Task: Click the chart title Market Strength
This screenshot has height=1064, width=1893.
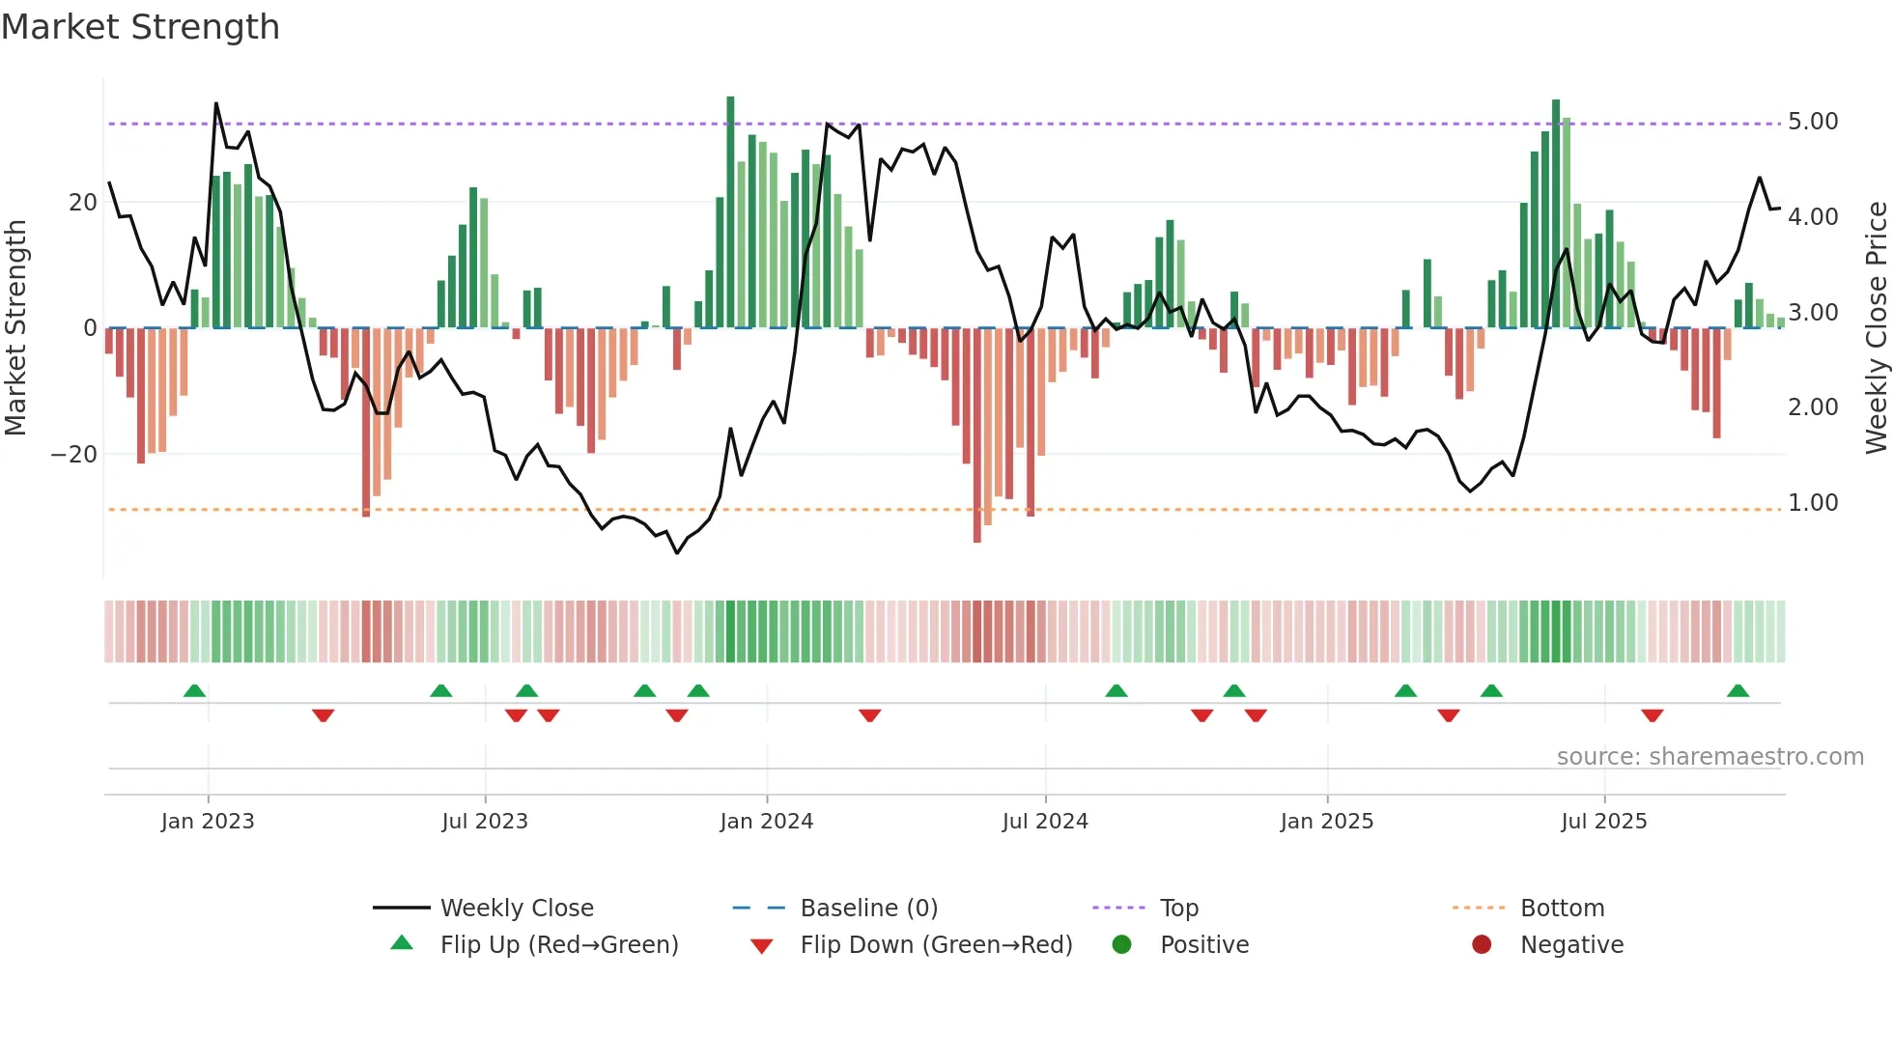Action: coord(140,27)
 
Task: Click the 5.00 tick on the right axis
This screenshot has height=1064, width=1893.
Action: coord(1812,122)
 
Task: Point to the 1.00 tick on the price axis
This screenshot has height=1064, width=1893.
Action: coord(1812,503)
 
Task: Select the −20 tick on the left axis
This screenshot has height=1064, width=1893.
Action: coord(74,455)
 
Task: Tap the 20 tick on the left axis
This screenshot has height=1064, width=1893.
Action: coord(83,203)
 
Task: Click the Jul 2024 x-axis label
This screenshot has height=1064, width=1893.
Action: coord(1045,822)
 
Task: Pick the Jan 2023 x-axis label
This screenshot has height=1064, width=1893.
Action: coord(208,822)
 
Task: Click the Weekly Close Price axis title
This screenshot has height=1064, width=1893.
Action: coord(1876,328)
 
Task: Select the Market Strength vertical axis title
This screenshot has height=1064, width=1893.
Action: coord(16,328)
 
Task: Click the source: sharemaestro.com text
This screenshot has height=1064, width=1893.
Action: coord(1709,757)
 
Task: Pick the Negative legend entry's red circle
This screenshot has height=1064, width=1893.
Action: coord(1482,944)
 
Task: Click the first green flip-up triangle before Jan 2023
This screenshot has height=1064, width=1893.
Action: coord(194,690)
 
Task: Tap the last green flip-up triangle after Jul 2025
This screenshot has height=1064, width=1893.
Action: coord(1738,690)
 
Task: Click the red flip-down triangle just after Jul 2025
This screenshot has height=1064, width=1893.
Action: coord(1652,715)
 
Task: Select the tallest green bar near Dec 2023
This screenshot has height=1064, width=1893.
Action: coord(730,212)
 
